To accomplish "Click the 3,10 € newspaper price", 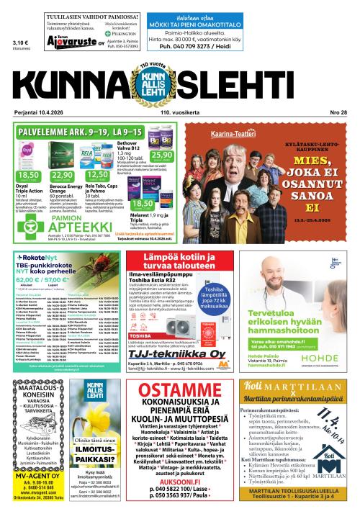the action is click(20, 42).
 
